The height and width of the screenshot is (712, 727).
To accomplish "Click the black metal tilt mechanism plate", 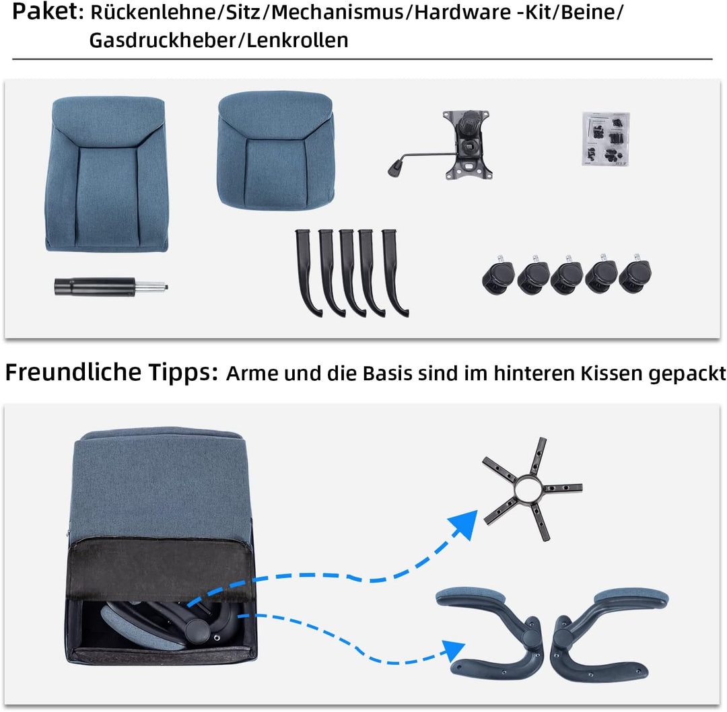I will pyautogui.click(x=471, y=145).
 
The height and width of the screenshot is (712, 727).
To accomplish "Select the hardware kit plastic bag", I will pyautogui.click(x=604, y=138).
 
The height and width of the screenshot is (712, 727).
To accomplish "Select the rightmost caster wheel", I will pyautogui.click(x=635, y=277).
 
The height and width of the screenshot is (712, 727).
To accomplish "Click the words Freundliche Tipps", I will pyautogui.click(x=111, y=372).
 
